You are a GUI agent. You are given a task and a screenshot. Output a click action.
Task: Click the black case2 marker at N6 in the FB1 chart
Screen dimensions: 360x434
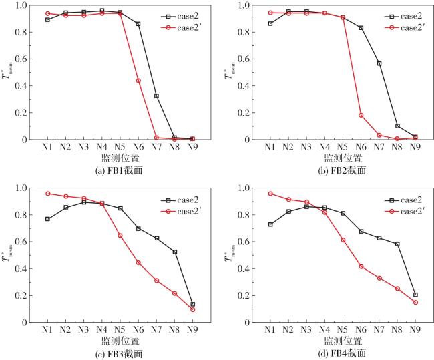click(138, 24)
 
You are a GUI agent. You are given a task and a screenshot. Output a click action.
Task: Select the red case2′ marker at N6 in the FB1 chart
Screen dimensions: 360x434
click(138, 81)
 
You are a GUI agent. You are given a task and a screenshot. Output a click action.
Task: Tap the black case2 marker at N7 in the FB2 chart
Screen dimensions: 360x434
click(379, 63)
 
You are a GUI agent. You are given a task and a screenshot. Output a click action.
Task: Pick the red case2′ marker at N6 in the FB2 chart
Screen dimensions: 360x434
click(361, 115)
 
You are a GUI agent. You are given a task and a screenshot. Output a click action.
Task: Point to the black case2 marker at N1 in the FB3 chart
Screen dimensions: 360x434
click(47, 219)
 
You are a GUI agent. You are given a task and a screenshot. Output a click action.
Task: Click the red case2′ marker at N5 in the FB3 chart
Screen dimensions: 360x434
click(120, 236)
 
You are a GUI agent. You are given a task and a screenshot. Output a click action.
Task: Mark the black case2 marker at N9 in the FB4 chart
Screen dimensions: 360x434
click(415, 295)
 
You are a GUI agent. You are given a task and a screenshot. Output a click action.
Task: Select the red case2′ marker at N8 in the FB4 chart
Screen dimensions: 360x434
click(397, 289)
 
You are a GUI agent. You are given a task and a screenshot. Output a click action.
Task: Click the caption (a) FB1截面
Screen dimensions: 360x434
click(120, 170)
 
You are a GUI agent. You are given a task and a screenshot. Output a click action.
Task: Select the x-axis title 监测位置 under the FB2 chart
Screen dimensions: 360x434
click(343, 158)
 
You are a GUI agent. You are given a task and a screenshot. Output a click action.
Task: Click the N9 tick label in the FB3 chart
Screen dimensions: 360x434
click(193, 330)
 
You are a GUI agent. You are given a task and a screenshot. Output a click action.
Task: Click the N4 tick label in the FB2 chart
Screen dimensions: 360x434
click(325, 147)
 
